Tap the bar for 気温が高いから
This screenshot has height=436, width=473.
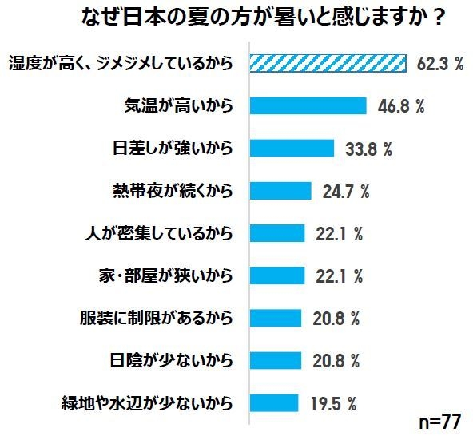(x=308, y=105)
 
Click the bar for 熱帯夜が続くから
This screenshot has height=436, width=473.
(x=280, y=191)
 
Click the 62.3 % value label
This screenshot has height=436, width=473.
(x=439, y=64)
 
